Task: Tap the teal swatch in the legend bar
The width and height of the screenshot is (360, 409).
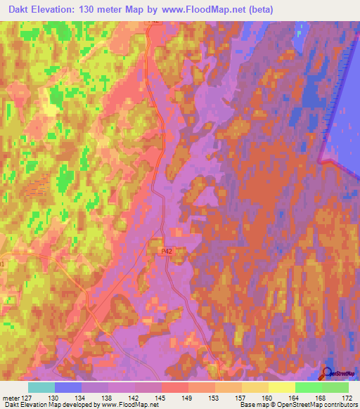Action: tap(41, 387)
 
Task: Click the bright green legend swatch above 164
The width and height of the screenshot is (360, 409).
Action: tap(308, 387)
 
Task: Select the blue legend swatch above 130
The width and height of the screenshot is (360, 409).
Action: tap(67, 387)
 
